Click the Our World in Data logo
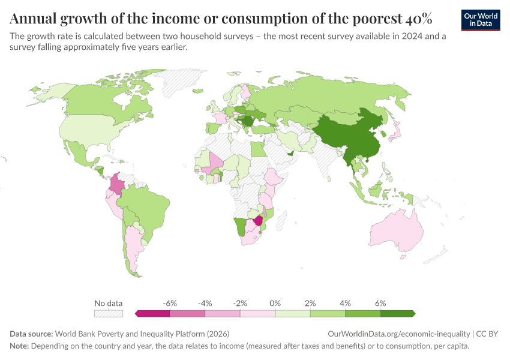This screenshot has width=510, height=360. pos(480,19)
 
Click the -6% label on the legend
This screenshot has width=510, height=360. pos(170,303)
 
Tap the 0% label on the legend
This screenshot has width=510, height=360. pos(275,303)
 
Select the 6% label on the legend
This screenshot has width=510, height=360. pos(380,303)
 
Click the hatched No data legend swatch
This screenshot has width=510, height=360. pos(109,313)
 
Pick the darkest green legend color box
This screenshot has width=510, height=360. pos(397,313)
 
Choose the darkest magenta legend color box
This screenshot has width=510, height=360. pos(153,313)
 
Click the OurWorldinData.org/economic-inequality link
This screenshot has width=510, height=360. pos(399,334)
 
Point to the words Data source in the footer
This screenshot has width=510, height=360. pos(31,334)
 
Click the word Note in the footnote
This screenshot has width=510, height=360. pos(20,346)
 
